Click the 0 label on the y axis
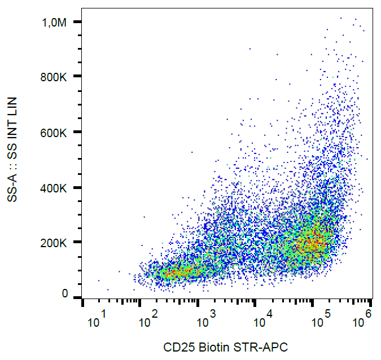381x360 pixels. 65,294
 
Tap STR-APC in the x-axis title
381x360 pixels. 261,346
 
